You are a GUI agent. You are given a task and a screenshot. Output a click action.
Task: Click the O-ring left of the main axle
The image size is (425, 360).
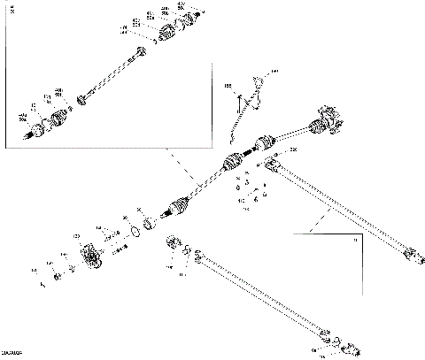pyautogui.click(x=134, y=233)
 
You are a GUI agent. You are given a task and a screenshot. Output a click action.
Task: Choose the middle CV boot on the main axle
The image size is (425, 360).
pyautogui.click(x=232, y=163)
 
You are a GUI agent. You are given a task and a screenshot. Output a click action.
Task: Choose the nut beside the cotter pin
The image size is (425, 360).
pyautogui.click(x=58, y=277)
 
